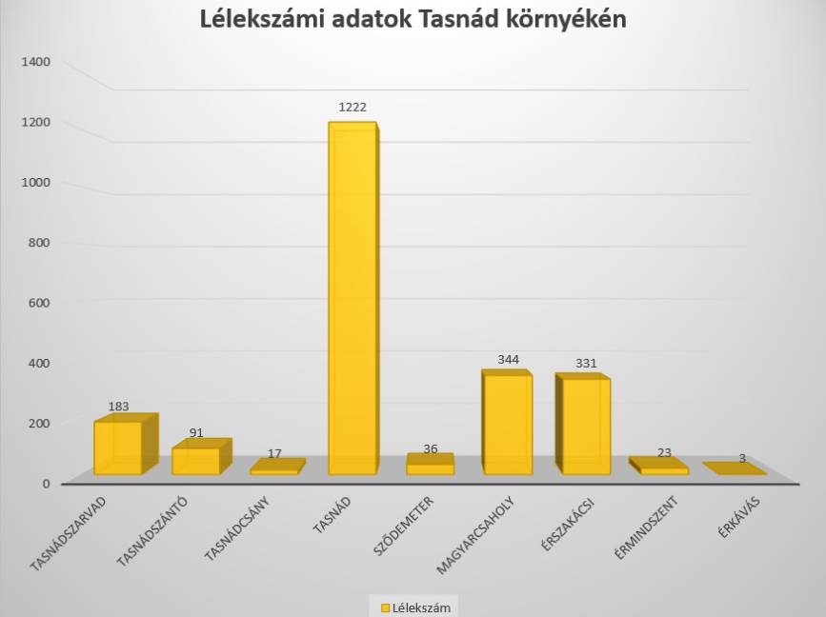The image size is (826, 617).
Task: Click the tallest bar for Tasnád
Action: pos(352,300)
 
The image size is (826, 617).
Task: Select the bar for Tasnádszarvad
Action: pos(117,448)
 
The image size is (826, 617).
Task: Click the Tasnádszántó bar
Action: pos(195,461)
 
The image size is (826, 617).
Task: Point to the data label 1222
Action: pos(353,108)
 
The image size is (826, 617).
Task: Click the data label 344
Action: pos(509,360)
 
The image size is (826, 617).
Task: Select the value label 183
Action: pos(118,407)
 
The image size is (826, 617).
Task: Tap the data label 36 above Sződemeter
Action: pos(431,449)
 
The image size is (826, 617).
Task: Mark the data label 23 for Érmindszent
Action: pos(665,453)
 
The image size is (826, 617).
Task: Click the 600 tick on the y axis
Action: pos(40,303)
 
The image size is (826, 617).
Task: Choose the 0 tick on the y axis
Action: pos(45,484)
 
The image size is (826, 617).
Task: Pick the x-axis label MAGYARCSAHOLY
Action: pos(475,535)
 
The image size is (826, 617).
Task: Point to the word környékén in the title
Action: pos(571,20)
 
